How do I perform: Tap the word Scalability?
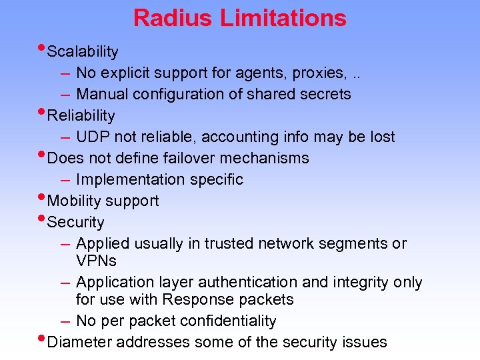coord(83,52)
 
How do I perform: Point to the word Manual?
coord(102,94)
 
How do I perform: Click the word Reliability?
coord(81,116)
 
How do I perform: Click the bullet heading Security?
coord(76,223)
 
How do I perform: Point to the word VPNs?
coord(97,260)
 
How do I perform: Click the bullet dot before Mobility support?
coord(43,198)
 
